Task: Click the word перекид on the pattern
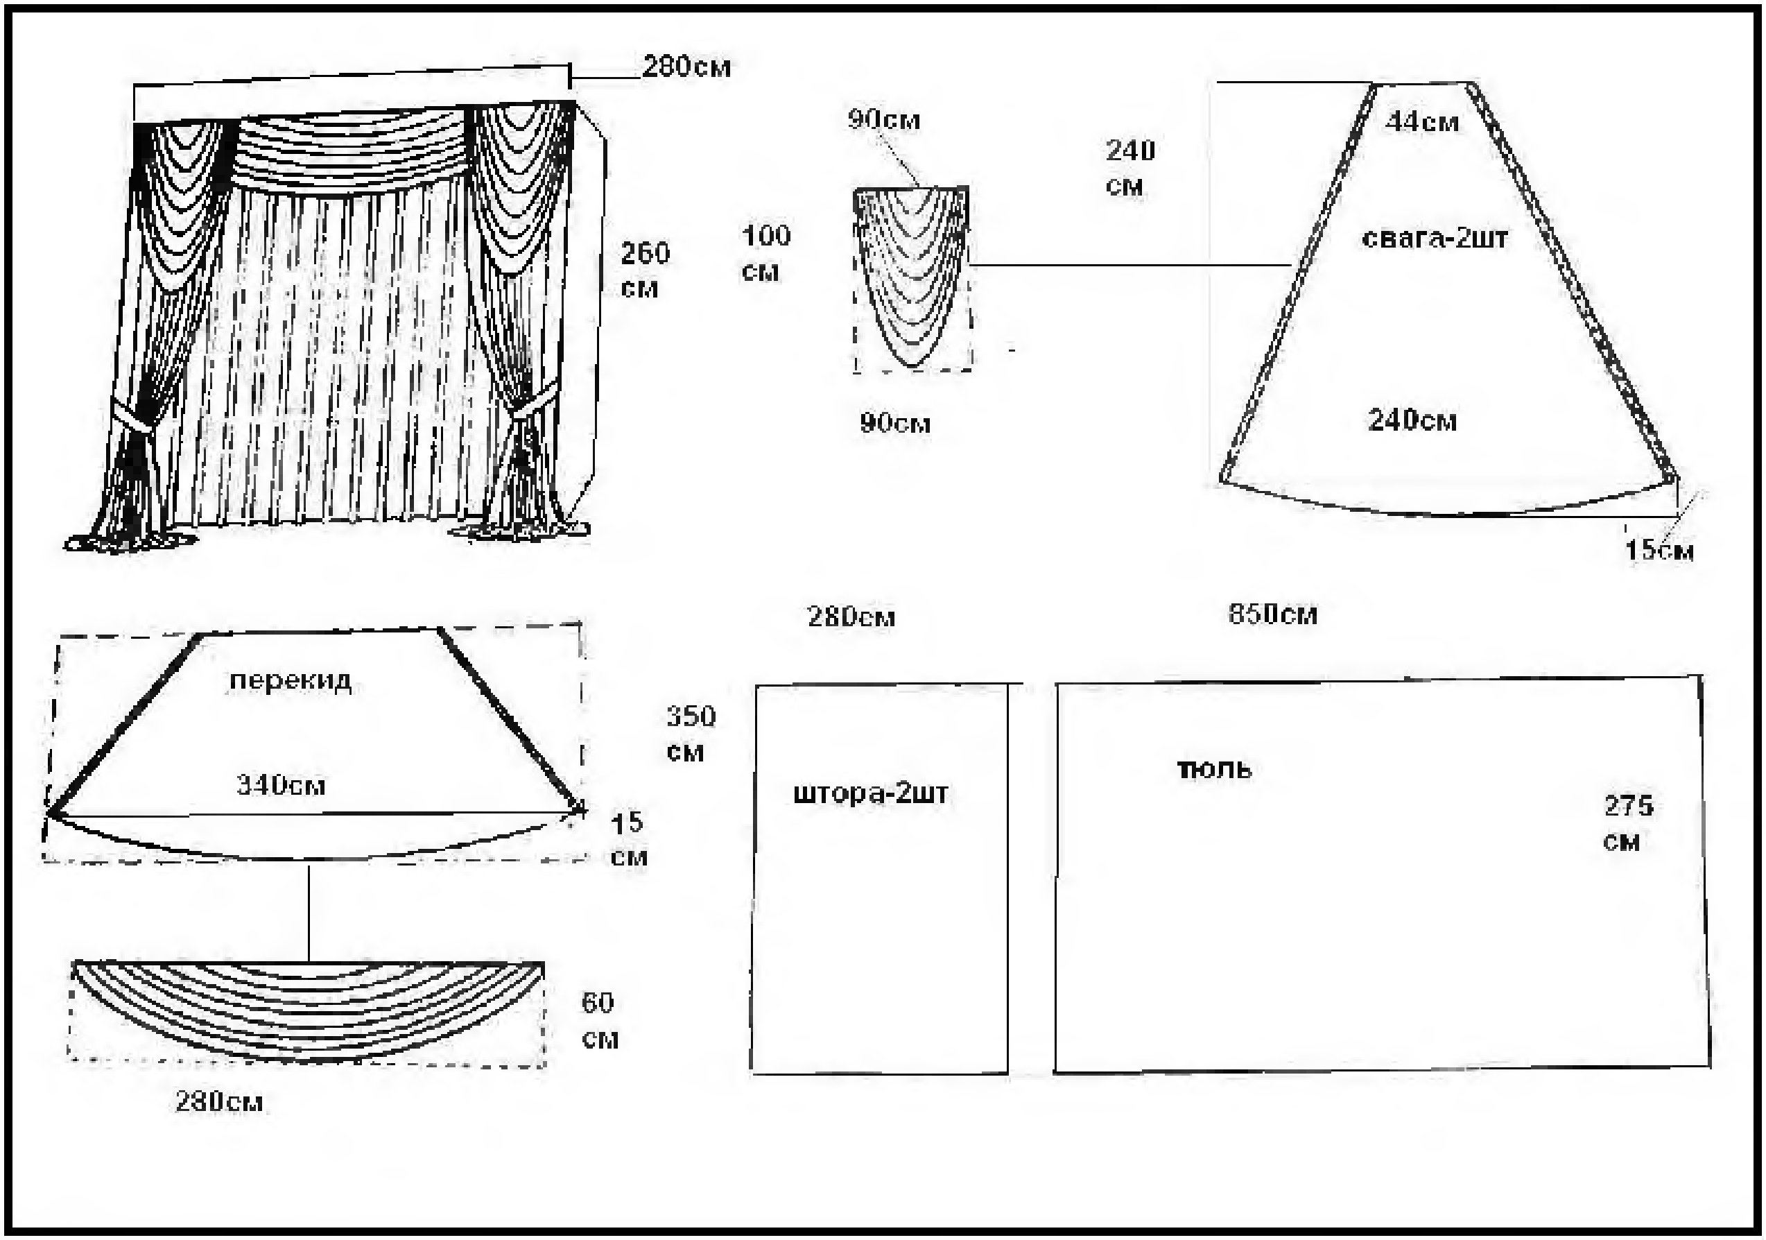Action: [291, 682]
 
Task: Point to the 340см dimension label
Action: [281, 785]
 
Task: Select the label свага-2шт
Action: [1435, 239]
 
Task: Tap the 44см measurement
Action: [1422, 121]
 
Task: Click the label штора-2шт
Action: [871, 794]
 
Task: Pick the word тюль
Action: [1215, 769]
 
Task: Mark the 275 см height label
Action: [1628, 823]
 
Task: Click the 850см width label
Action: [1273, 614]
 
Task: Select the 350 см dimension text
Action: [690, 734]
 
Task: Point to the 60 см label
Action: [598, 1021]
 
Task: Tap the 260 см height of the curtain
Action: [645, 270]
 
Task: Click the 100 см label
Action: [765, 253]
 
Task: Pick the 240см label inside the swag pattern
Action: [1412, 421]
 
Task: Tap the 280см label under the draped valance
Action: [219, 1101]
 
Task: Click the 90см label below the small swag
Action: [895, 423]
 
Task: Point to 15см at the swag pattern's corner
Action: [1659, 550]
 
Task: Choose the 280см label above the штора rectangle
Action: [851, 617]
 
